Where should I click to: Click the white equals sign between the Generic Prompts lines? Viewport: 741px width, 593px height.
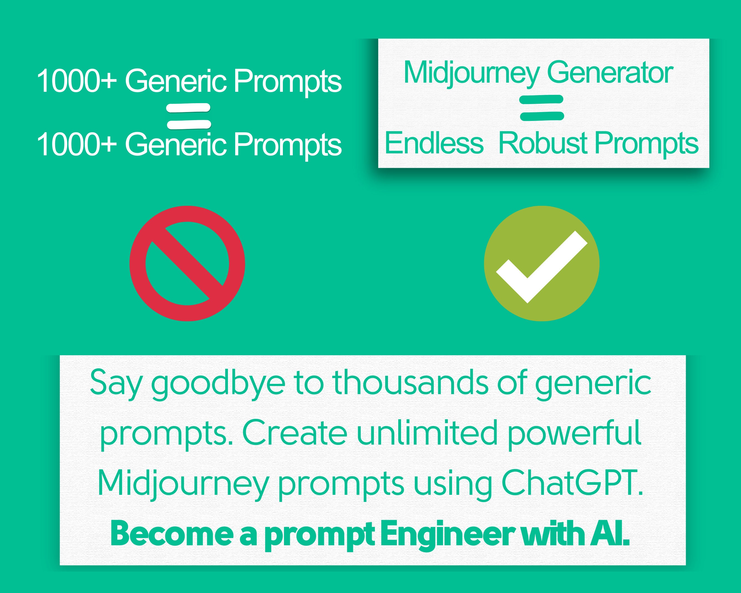[188, 116]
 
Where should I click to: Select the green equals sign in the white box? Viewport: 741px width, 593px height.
[542, 108]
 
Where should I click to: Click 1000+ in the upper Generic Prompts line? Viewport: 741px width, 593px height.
[77, 81]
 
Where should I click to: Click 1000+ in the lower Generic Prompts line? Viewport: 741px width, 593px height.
[77, 145]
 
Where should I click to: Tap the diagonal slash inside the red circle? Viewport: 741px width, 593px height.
[187, 263]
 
